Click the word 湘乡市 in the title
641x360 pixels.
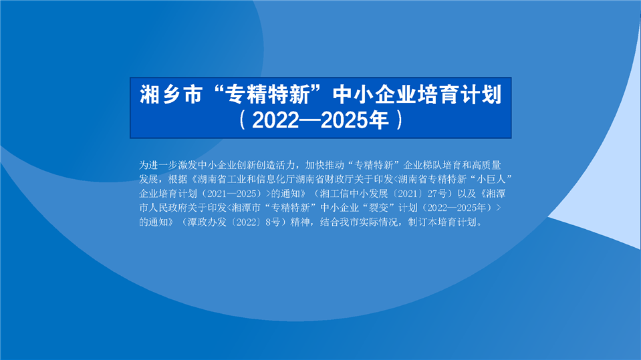click(x=171, y=94)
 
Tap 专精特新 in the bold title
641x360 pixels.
click(x=269, y=94)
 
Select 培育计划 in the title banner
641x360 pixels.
click(x=459, y=94)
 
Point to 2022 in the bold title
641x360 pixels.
click(x=275, y=120)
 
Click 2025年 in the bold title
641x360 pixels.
click(x=354, y=120)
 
